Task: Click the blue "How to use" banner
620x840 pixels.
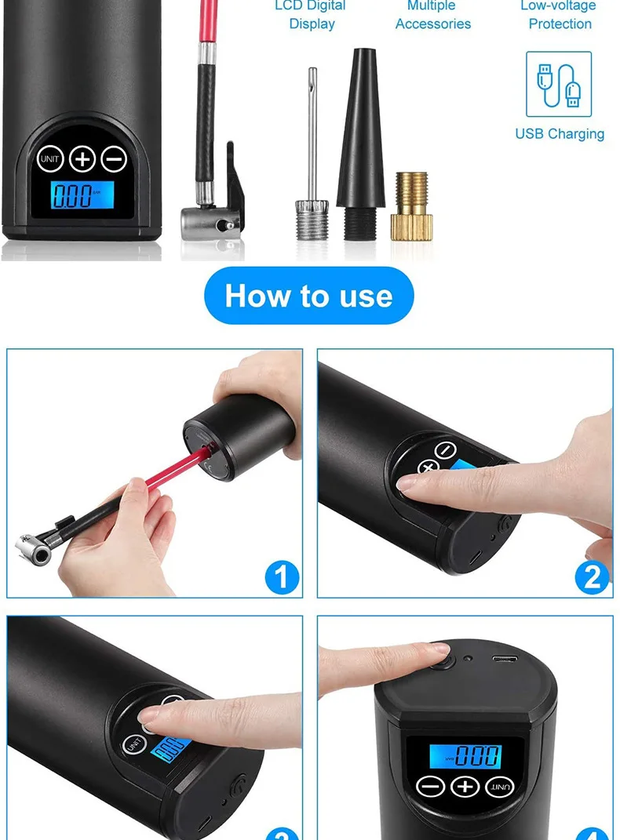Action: click(x=308, y=296)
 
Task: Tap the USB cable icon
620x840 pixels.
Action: click(x=559, y=85)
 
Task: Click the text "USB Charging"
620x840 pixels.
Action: click(x=560, y=134)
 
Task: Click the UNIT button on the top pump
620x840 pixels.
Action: click(x=50, y=159)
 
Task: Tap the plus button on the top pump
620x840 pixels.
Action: click(x=82, y=159)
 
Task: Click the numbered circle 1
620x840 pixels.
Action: click(x=282, y=578)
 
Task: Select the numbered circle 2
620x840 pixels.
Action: click(x=592, y=578)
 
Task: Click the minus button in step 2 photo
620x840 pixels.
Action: click(x=445, y=451)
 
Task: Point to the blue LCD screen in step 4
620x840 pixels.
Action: click(x=465, y=756)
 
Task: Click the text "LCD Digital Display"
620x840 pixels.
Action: click(x=311, y=16)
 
